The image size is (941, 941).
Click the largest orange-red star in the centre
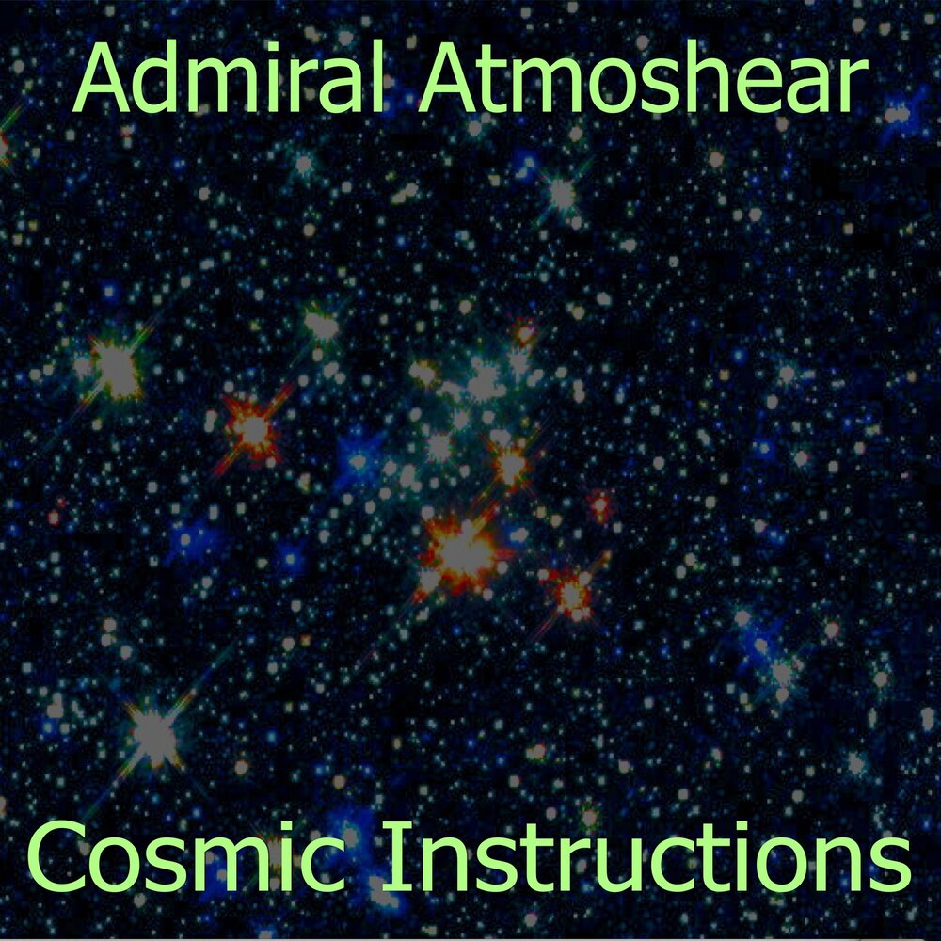coord(462,550)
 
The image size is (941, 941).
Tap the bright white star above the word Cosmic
coord(153,731)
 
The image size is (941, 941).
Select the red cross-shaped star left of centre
coord(252,429)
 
